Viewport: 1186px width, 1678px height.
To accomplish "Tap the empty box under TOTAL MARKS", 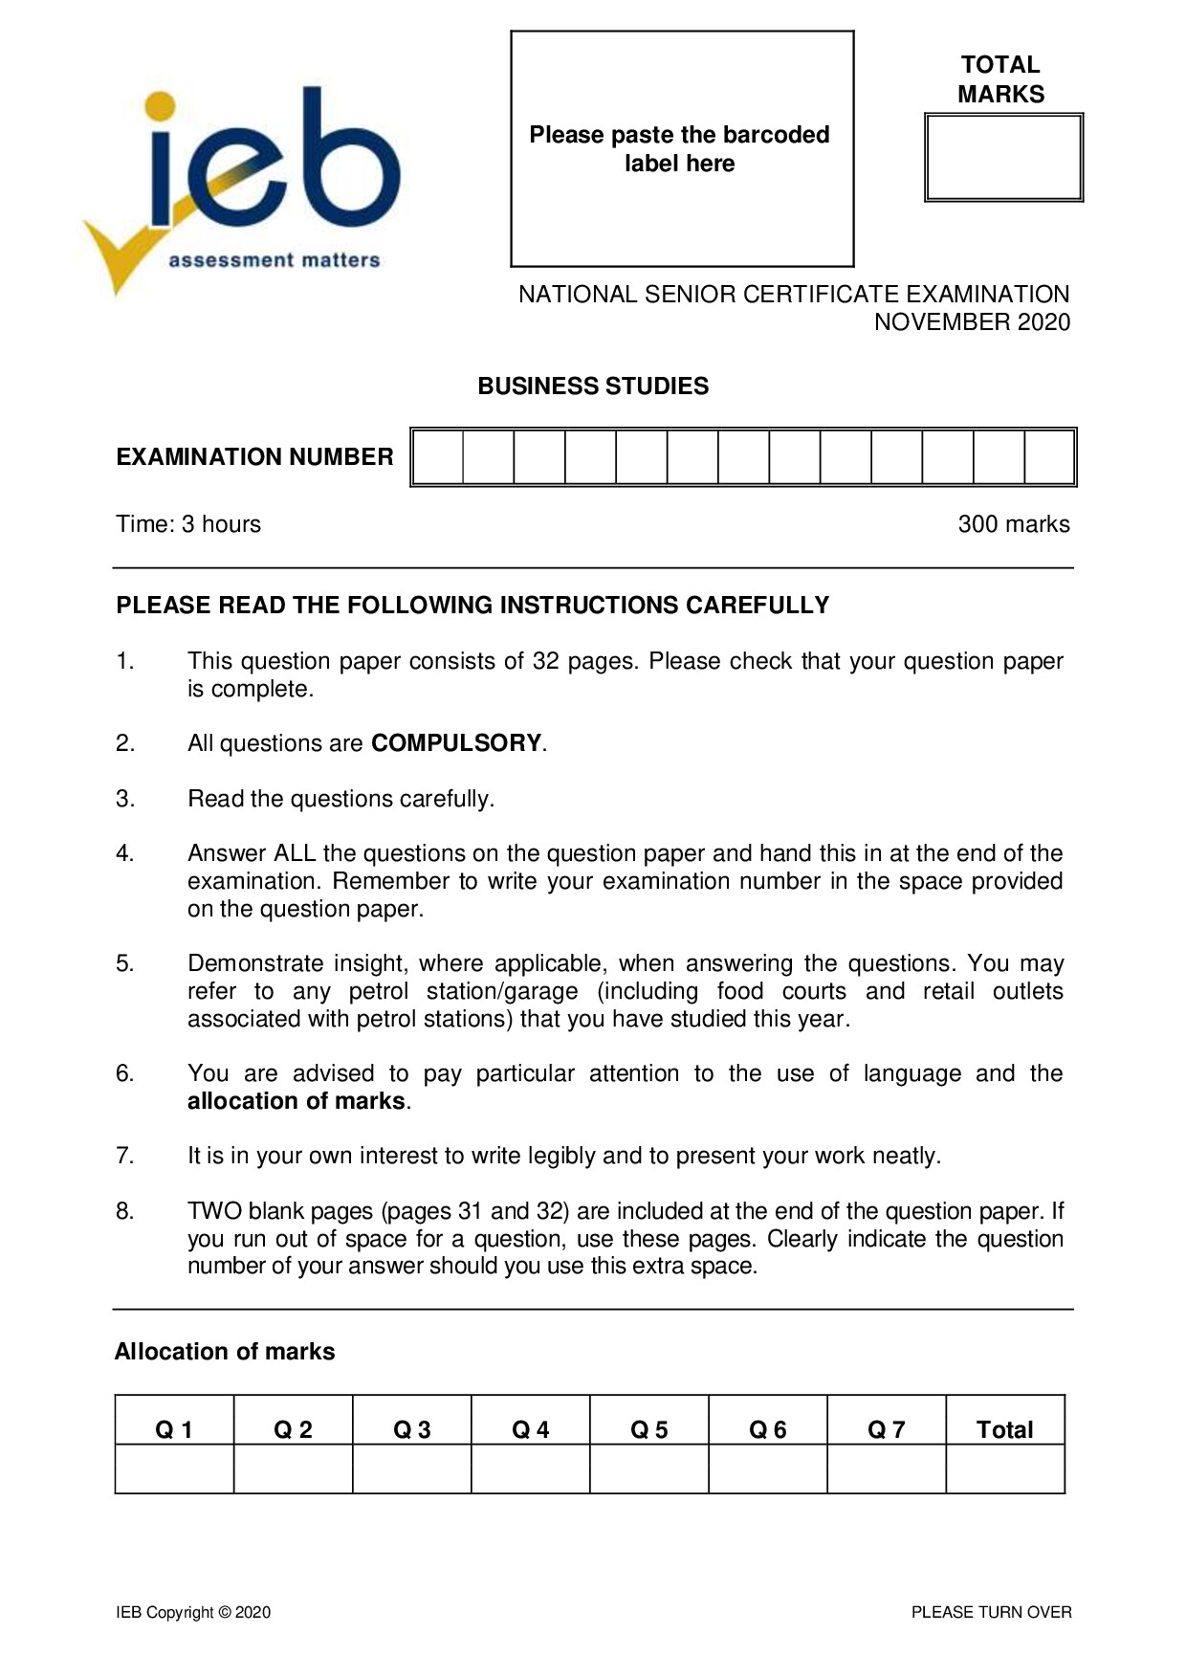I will click(1003, 158).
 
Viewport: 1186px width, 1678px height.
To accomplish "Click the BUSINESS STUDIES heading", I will click(593, 386).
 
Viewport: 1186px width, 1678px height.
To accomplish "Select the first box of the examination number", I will click(438, 457).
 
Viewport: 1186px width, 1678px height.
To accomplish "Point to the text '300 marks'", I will click(1013, 524).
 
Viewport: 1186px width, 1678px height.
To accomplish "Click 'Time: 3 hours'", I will click(188, 524).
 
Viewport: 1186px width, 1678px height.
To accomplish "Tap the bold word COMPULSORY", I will click(456, 743).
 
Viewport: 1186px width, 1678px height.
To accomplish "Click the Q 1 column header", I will click(174, 1429).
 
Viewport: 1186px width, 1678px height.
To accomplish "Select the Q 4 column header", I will click(530, 1429).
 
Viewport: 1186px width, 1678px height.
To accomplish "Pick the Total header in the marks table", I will click(1004, 1429).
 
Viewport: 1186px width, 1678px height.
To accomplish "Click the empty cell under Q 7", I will click(886, 1468).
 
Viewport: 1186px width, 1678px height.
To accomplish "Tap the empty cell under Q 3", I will click(411, 1468).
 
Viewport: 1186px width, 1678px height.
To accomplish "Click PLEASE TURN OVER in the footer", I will click(991, 1612).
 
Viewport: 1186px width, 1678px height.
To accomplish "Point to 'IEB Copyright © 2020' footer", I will click(193, 1612).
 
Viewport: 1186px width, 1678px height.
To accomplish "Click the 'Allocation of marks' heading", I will click(225, 1352).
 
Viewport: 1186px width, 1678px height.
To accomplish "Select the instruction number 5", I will click(125, 963).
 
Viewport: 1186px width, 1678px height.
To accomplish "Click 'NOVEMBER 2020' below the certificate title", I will click(972, 322).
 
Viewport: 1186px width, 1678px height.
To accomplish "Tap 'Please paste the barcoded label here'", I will click(679, 149).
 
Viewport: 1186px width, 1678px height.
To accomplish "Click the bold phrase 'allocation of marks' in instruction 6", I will click(296, 1101).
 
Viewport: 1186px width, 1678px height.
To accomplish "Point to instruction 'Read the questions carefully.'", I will click(340, 799).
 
